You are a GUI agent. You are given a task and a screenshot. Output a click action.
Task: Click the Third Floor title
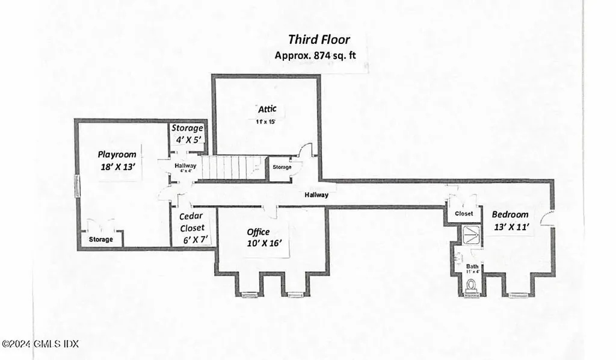point(318,40)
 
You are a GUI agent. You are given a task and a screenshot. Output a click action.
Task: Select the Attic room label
point(267,109)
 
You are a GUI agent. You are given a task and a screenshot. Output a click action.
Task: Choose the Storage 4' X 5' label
point(187,134)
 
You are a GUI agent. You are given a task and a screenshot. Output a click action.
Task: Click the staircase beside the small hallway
point(232,167)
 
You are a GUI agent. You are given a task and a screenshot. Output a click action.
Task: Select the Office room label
point(259,232)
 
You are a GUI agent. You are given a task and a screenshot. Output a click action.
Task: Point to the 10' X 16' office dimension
point(264,244)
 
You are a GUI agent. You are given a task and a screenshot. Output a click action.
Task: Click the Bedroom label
point(510,214)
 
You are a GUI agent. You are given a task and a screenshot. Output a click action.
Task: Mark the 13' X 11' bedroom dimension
point(510,227)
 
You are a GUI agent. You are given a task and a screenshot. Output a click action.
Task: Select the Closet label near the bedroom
point(464,214)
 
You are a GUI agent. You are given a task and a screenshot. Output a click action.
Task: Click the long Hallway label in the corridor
point(316,194)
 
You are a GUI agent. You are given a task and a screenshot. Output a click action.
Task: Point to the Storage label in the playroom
point(101,240)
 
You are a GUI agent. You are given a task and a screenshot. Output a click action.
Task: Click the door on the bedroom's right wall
point(547,219)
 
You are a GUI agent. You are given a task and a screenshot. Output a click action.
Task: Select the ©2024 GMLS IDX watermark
point(40,344)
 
